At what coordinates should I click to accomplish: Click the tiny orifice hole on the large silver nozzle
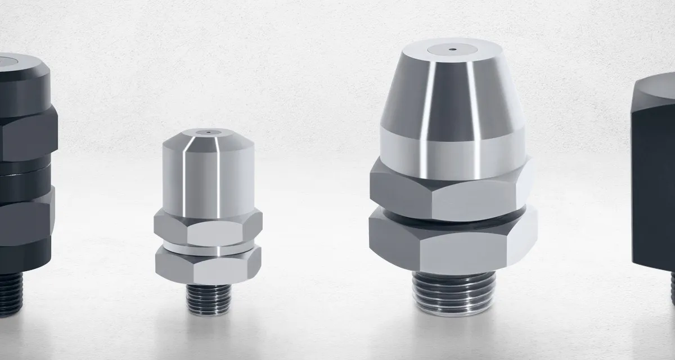(452, 49)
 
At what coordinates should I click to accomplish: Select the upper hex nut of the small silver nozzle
(208, 228)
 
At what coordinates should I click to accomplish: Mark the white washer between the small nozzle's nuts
(208, 246)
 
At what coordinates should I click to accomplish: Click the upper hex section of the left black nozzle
(22, 135)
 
